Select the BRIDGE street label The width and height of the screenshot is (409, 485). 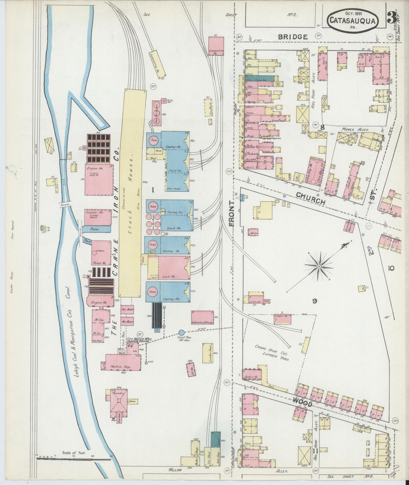293,37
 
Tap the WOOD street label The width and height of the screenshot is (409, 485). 303,401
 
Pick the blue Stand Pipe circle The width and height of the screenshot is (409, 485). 181,332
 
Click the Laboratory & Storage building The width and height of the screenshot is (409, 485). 202,318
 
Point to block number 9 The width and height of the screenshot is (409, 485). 314,301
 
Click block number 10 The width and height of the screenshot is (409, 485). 391,268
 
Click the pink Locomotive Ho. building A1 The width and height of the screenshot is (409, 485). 216,46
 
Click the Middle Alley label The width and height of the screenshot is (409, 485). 355,130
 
